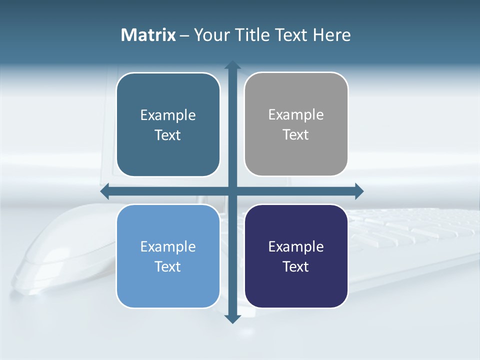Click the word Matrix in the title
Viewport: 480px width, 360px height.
click(x=148, y=35)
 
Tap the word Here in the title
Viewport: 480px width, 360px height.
click(x=331, y=35)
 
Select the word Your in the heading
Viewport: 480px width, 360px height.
click(x=211, y=35)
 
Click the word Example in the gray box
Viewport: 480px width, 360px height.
click(x=296, y=114)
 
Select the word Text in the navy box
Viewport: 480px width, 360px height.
click(x=296, y=266)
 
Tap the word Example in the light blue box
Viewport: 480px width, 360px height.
click(x=168, y=246)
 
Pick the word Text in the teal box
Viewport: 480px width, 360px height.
click(x=168, y=135)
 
